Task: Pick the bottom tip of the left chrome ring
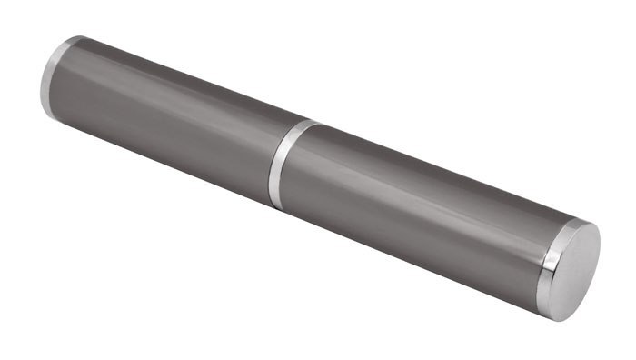pos(47,119)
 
